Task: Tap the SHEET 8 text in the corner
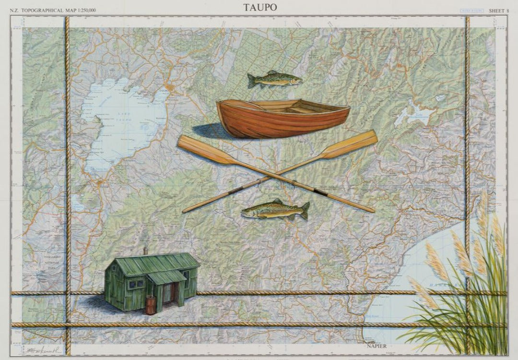[499, 10]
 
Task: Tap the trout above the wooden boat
[274, 79]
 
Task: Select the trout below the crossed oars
[275, 209]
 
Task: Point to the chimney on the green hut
[145, 251]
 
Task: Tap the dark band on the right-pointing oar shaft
[320, 193]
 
